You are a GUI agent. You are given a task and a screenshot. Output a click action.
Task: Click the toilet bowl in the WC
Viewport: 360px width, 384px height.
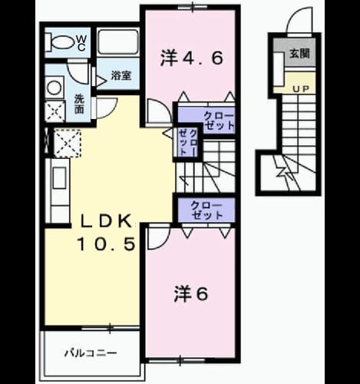[x=60, y=42]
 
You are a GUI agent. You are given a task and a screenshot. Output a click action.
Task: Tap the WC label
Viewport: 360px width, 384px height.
[x=81, y=43]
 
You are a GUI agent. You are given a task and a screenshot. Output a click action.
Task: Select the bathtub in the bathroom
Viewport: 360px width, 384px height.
[x=118, y=42]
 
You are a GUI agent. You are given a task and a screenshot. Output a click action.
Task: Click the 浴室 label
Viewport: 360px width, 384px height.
[x=121, y=75]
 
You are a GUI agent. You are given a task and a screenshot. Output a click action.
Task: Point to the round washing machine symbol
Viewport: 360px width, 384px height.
[x=54, y=88]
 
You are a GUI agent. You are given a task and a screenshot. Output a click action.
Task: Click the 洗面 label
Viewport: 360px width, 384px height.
[x=79, y=104]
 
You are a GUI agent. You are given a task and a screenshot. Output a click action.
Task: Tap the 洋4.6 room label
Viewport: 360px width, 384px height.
[x=191, y=58]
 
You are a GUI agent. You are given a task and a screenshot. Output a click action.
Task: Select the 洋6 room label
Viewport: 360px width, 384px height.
[x=191, y=294]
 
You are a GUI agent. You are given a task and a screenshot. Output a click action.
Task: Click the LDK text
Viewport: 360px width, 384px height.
[x=106, y=221]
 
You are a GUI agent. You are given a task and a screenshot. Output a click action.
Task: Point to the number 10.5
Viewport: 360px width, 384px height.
[x=106, y=243]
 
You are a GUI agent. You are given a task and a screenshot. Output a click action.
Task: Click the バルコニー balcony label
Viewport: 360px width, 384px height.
[x=91, y=353]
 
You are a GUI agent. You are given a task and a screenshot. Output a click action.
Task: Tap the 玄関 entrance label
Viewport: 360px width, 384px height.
[x=299, y=54]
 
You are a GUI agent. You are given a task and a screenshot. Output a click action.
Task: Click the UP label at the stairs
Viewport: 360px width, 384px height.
[x=301, y=89]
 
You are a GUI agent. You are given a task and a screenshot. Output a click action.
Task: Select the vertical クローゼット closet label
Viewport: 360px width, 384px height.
[x=187, y=142]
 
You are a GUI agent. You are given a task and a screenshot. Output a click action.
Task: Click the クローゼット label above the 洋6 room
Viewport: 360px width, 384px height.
[x=206, y=210]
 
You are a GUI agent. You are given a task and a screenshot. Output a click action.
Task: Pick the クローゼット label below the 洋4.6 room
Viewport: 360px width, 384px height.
[x=219, y=121]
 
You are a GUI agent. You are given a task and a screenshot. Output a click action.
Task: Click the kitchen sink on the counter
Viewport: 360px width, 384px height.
[x=59, y=178]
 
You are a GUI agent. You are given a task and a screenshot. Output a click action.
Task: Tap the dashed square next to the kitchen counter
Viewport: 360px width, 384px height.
[x=68, y=143]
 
